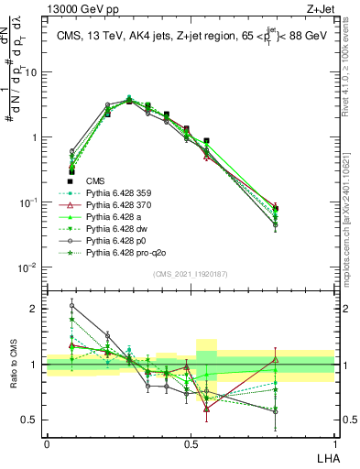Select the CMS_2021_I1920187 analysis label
tap(191, 273)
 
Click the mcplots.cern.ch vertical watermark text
tap(350, 202)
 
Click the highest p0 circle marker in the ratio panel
tap(71, 306)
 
